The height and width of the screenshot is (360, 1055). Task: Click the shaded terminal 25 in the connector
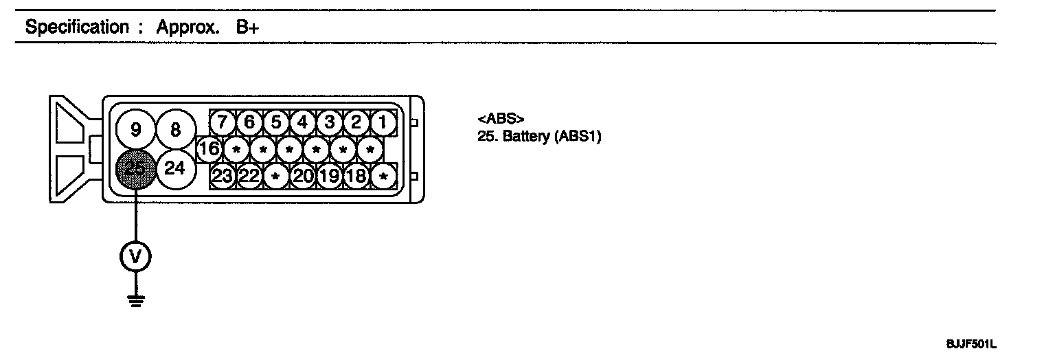(135, 169)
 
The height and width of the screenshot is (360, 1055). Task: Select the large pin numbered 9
(135, 129)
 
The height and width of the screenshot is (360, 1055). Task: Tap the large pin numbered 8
(175, 129)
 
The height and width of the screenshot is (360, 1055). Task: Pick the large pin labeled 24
(175, 168)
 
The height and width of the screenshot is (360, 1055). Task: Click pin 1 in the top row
(383, 123)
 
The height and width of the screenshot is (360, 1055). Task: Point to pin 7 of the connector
(223, 123)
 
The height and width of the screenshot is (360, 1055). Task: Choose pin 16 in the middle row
(209, 148)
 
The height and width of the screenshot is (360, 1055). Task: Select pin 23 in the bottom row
(223, 176)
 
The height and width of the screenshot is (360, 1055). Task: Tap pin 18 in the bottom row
(356, 176)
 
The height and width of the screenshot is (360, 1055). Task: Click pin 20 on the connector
(302, 176)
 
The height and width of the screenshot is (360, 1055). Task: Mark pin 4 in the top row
(302, 123)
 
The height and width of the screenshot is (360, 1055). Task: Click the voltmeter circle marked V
(135, 256)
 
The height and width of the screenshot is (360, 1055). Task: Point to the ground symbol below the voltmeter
(135, 300)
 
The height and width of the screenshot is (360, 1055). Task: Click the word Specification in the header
(76, 28)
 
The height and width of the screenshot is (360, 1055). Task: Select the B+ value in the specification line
(247, 28)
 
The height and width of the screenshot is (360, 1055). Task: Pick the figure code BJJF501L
(971, 344)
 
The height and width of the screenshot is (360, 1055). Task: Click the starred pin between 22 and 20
(275, 176)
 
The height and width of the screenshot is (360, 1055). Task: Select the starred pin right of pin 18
(383, 176)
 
